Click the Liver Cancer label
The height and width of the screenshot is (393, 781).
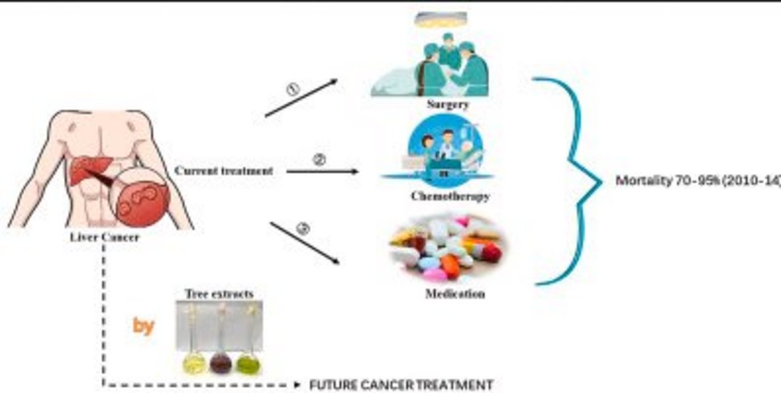click(104, 237)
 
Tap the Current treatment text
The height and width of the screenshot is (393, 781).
click(223, 171)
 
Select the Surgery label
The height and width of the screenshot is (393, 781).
click(448, 104)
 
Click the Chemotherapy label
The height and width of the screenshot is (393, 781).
click(450, 196)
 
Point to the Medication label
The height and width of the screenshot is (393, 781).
click(455, 294)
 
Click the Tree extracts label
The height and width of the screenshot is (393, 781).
click(219, 294)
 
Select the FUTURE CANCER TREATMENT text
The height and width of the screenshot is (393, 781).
click(401, 385)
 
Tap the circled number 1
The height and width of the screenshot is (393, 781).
click(292, 90)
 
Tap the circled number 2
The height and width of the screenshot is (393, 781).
click(320, 160)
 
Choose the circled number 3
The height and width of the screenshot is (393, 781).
click(303, 229)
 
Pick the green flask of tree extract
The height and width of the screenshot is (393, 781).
click(248, 362)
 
